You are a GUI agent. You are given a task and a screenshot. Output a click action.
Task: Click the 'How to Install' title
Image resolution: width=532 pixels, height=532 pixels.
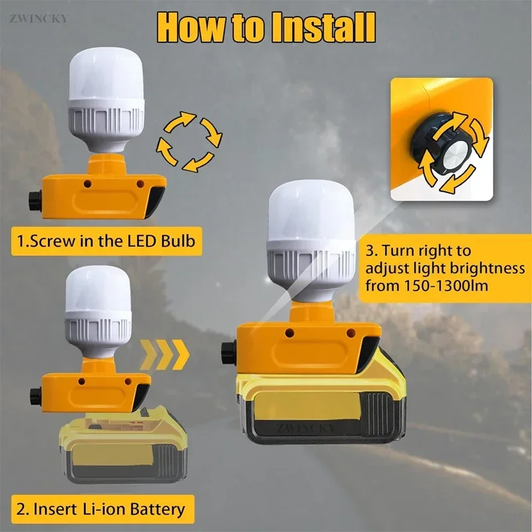click(x=266, y=27)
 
